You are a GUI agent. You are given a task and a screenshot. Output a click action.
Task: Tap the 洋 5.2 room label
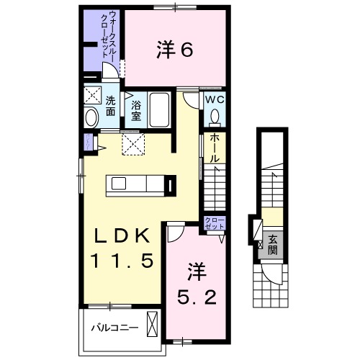pos(194,284)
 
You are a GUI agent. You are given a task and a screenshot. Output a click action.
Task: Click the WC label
pos(215,99)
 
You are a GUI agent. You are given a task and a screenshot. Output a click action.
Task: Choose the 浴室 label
pos(135,112)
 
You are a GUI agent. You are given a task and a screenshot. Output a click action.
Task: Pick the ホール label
pos(215,148)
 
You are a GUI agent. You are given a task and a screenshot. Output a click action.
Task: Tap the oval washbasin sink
pos(92,117)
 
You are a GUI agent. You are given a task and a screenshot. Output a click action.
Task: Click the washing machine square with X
pos(92,96)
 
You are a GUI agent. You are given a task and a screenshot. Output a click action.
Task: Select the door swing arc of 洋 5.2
pos(175,234)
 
